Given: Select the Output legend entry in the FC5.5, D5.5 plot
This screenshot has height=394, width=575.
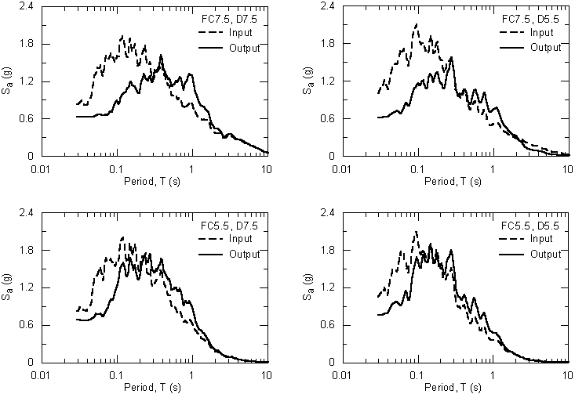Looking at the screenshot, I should [545, 253].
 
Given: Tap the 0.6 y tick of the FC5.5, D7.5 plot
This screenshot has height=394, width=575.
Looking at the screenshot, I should [27, 325].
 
